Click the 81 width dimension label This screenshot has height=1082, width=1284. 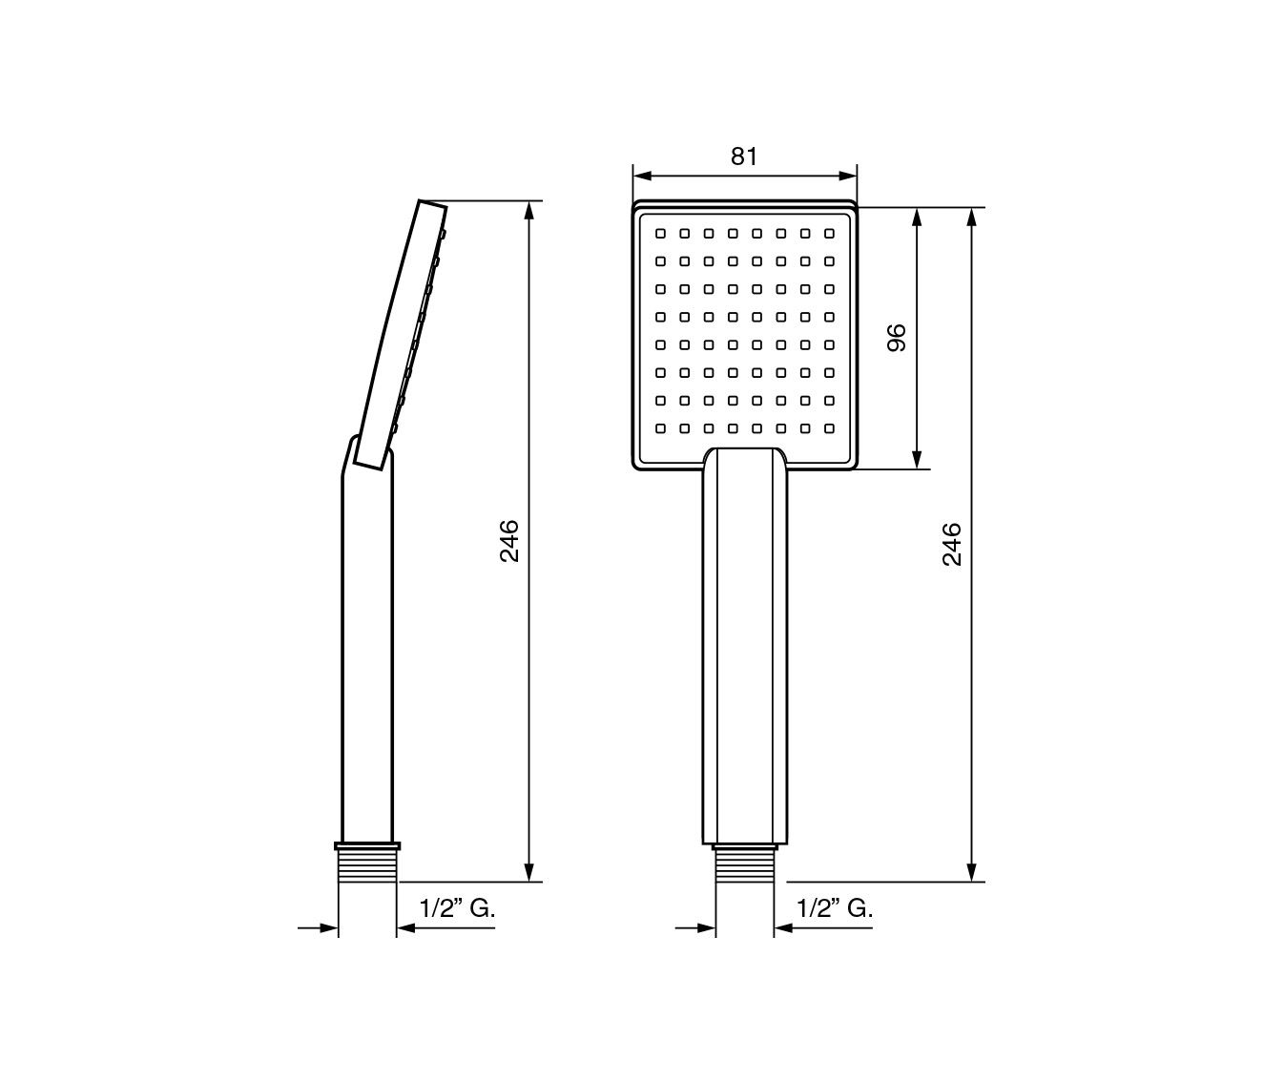click(x=744, y=156)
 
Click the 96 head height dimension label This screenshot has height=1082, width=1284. click(x=898, y=337)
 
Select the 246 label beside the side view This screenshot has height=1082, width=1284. click(x=509, y=541)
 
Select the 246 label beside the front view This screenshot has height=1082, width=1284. click(x=952, y=545)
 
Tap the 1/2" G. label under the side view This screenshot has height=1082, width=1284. click(x=457, y=908)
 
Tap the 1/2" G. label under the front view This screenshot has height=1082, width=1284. click(x=835, y=908)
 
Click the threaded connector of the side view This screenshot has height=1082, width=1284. click(x=367, y=863)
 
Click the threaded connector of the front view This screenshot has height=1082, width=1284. click(x=745, y=864)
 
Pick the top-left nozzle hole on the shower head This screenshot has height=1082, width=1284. click(x=660, y=234)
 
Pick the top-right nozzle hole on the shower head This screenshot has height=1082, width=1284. click(x=829, y=234)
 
